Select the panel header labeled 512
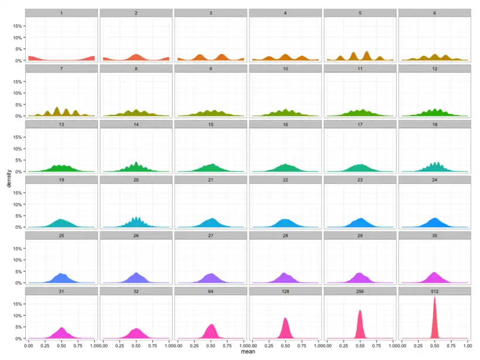coord(434,291)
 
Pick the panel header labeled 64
coord(211,291)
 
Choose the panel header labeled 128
coord(285,291)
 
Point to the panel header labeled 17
coord(360,124)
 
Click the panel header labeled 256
coord(360,291)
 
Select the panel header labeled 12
coord(434,68)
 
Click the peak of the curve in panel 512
coord(434,297)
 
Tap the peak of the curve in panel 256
coord(360,310)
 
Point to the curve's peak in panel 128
coord(285,318)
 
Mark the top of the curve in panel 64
coord(212,325)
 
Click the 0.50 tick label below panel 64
coord(211,347)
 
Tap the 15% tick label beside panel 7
coord(18,81)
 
